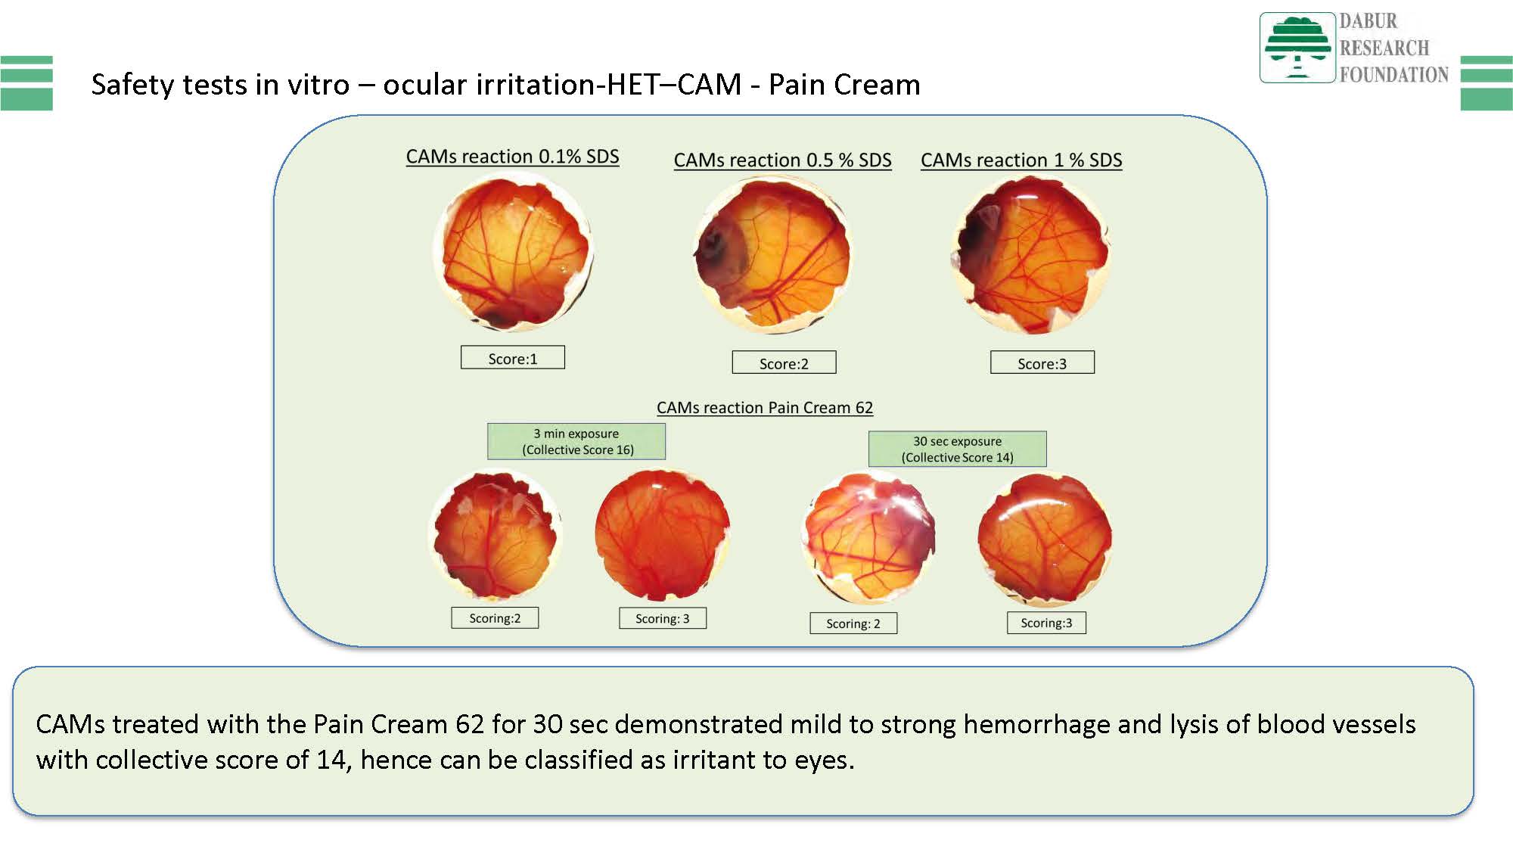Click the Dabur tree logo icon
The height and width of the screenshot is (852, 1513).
pos(1297,47)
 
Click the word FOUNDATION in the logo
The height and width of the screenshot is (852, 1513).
pos(1394,74)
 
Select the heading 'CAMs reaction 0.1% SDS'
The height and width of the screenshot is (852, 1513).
pos(512,157)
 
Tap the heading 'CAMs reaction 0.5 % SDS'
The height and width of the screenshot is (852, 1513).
pos(782,160)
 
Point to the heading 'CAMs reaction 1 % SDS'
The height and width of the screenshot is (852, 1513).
pos(1021,160)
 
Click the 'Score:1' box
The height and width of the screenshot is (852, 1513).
pos(513,358)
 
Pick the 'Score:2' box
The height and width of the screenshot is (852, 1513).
pos(784,362)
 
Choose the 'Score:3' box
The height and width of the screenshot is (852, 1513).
pos(1042,362)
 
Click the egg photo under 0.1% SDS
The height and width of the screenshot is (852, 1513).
pos(513,250)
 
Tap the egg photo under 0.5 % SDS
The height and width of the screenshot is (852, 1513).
pos(773,255)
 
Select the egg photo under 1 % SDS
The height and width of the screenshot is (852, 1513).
pos(1030,255)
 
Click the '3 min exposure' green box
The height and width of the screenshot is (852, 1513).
pos(576,441)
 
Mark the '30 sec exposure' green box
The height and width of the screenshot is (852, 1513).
pos(958,449)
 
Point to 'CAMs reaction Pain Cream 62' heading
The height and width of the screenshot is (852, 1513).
pos(765,408)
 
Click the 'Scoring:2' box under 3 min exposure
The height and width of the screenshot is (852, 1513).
pos(495,618)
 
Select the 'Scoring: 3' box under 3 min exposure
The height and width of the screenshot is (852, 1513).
pos(663,618)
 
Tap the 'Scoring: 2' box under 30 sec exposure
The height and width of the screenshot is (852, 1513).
pos(853,623)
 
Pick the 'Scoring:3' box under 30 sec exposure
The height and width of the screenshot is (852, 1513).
pos(1046,623)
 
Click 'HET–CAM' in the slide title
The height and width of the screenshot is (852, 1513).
pos(674,84)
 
